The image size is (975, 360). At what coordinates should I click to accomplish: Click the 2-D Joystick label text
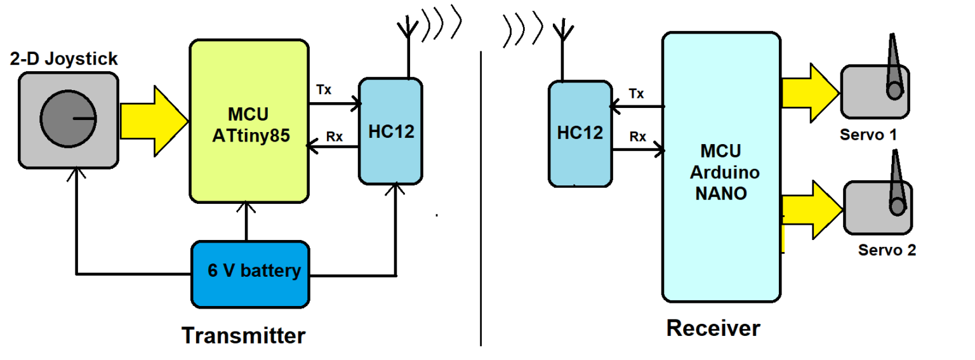coord(64,59)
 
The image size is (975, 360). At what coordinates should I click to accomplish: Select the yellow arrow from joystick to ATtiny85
coord(153,120)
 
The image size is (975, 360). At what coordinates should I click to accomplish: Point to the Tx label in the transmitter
coord(324,90)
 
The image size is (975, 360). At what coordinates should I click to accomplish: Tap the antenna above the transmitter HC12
coord(408,44)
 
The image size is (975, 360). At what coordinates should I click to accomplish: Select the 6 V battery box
coord(252,272)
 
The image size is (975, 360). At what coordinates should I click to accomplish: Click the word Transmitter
coord(243,335)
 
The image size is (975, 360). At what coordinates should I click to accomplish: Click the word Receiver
coord(712,328)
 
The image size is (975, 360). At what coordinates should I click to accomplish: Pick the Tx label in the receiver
coord(636,94)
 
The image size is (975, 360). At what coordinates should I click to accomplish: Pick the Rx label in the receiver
coord(637,137)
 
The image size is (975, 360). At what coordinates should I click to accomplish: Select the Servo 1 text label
coord(868,135)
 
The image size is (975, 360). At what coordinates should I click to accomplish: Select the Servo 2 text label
coord(887,250)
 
